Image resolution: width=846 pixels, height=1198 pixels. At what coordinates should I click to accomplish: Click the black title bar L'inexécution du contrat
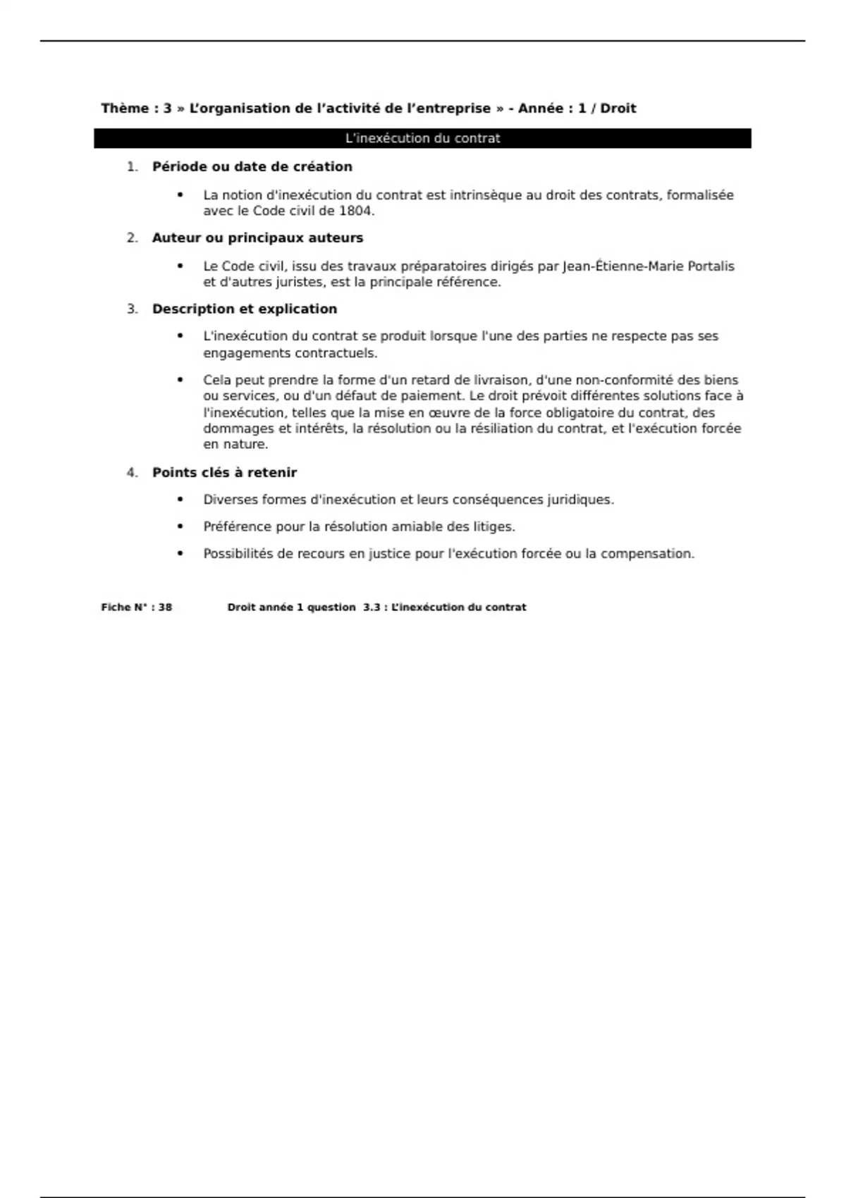(422, 138)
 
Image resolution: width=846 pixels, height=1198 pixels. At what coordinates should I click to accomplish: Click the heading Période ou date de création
(252, 167)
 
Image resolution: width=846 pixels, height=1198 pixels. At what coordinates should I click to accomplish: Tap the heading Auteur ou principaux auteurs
(257, 238)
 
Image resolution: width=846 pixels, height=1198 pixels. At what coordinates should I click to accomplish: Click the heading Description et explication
(245, 309)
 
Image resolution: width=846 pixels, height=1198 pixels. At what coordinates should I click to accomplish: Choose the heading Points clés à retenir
(224, 473)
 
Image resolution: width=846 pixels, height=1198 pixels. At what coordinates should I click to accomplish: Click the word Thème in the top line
(125, 109)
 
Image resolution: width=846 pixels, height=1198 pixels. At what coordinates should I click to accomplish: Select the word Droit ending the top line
(618, 109)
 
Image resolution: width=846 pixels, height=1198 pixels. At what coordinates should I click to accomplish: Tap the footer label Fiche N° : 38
(136, 607)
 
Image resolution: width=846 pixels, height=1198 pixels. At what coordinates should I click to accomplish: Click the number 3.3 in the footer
(372, 607)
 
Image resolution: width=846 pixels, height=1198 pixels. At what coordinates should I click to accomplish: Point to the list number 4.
(132, 473)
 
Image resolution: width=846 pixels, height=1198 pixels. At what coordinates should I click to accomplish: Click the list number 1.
(132, 167)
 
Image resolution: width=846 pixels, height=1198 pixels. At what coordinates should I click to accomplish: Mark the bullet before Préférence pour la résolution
(180, 526)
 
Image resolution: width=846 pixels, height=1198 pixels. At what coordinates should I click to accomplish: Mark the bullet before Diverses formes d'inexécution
(180, 500)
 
